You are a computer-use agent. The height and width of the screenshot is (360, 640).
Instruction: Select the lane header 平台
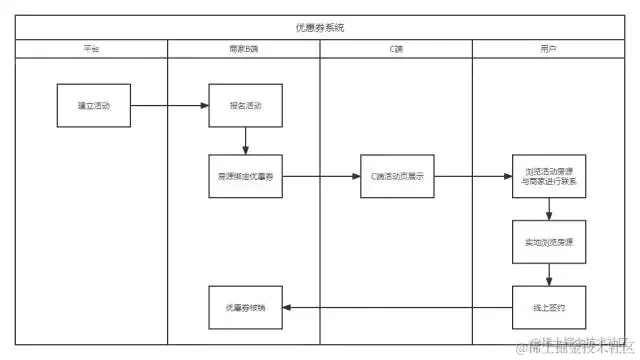click(91, 48)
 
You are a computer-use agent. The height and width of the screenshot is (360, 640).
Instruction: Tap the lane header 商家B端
click(243, 48)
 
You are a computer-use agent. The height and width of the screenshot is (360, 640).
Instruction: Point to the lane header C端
click(396, 48)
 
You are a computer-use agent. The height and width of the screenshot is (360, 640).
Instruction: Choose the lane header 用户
click(549, 48)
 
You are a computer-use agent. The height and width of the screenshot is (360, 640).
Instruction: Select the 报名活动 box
click(243, 105)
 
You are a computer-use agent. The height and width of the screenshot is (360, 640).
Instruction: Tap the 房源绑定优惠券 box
click(243, 177)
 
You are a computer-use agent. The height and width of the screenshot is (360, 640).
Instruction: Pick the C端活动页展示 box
click(396, 177)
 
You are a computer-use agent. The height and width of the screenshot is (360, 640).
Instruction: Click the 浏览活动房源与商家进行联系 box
click(549, 177)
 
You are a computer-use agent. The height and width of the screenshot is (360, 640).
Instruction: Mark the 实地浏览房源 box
click(549, 241)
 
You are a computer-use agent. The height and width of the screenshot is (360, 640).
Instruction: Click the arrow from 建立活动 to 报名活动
click(169, 105)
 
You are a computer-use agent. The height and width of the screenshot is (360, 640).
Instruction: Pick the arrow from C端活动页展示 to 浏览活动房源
click(472, 177)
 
